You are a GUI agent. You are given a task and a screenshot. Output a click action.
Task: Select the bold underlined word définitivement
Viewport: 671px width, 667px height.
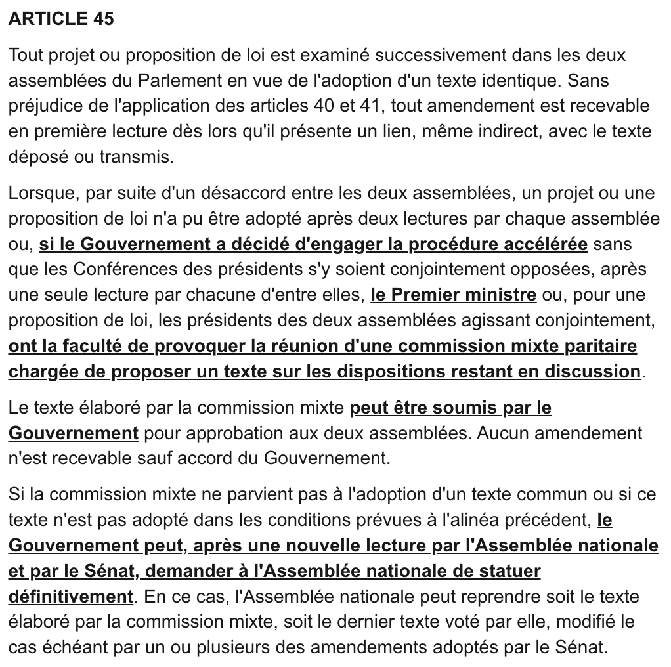(x=71, y=597)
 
